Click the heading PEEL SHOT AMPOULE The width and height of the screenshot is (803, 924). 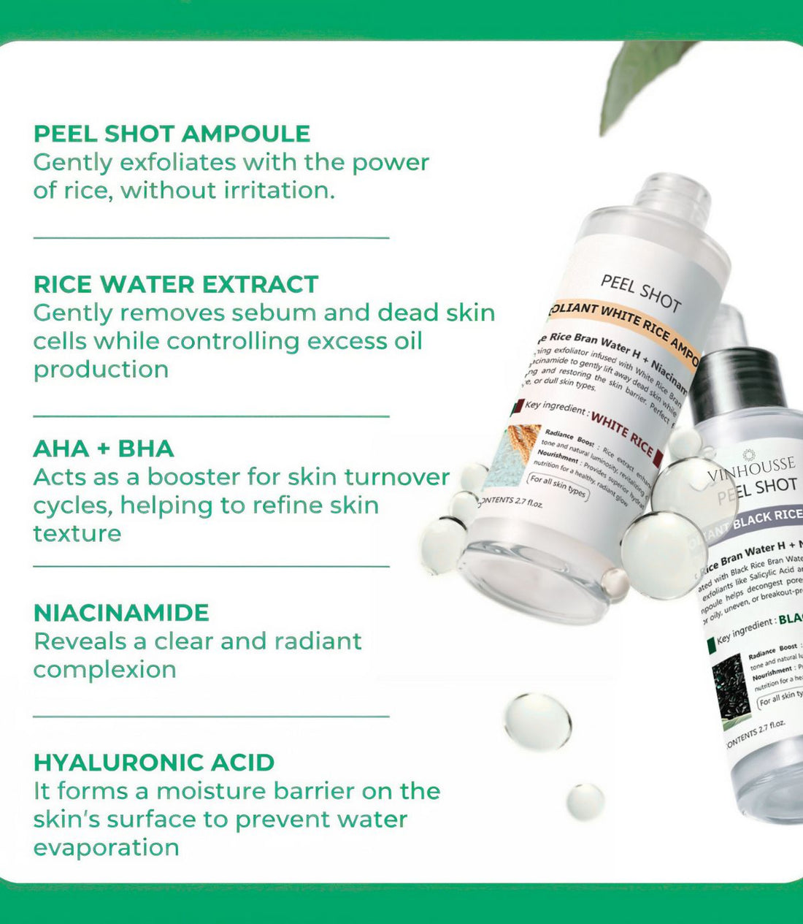click(x=172, y=134)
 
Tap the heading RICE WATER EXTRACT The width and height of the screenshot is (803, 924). click(x=176, y=284)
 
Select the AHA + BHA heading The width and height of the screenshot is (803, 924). click(x=104, y=448)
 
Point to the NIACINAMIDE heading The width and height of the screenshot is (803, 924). click(x=121, y=613)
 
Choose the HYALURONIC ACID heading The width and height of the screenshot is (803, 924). click(x=154, y=763)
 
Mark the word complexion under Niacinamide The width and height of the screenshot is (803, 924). click(x=104, y=670)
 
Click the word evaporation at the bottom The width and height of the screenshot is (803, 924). click(x=106, y=847)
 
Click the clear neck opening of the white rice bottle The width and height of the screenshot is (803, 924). click(x=672, y=191)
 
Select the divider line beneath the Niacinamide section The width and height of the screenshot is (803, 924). click(x=211, y=716)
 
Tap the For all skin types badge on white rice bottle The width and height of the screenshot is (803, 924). click(x=557, y=486)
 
